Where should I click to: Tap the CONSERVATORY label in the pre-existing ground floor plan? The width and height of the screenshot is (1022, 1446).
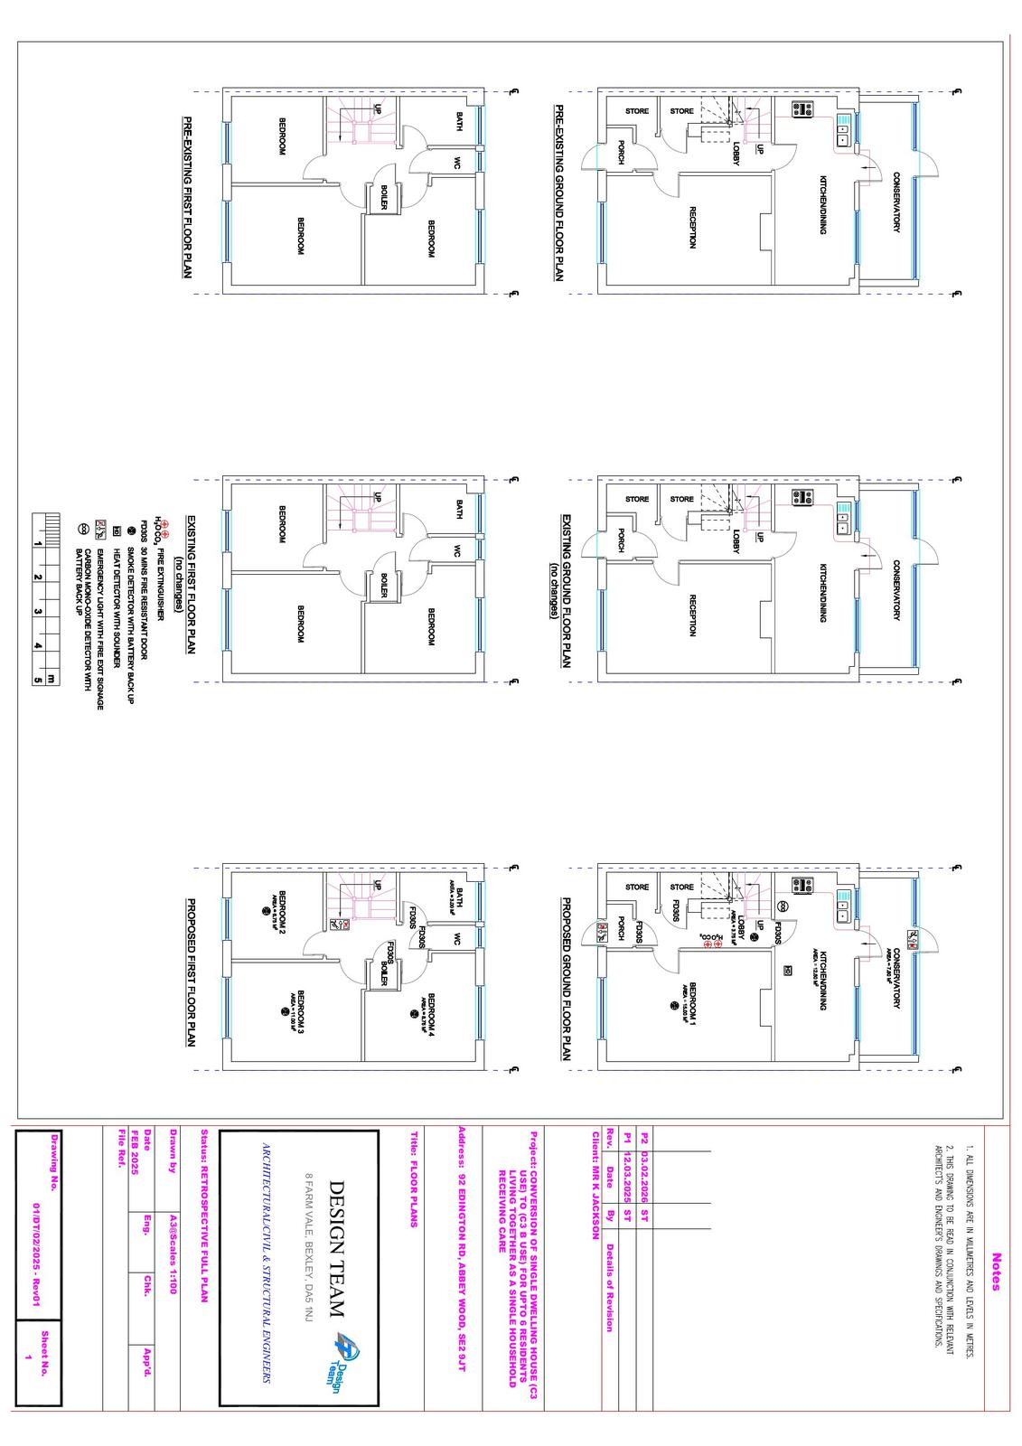coord(896,202)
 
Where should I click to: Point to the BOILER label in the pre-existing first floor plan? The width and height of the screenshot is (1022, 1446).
coord(384,198)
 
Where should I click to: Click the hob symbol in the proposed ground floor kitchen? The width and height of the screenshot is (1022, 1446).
coord(802,887)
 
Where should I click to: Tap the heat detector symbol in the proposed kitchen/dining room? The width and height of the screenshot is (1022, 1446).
coord(789,971)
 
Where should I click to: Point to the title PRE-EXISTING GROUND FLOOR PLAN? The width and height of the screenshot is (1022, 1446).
coord(559,193)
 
